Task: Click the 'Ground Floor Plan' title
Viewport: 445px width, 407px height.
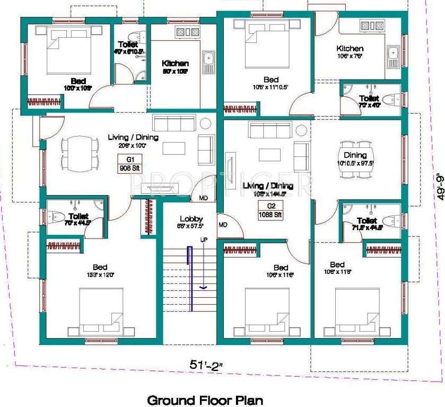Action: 205,399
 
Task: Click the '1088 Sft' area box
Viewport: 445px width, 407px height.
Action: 271,215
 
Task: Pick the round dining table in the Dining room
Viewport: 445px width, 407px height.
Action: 355,155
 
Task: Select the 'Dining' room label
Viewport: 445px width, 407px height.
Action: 355,155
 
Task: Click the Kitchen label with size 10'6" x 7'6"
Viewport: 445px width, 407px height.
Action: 350,49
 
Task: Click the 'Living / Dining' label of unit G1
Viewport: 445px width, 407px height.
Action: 126,137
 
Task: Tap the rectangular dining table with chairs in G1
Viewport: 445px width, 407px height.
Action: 80,153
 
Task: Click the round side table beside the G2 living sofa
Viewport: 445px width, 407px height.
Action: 301,130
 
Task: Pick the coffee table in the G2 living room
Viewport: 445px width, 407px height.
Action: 270,154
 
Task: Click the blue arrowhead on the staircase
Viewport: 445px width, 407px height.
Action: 203,288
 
